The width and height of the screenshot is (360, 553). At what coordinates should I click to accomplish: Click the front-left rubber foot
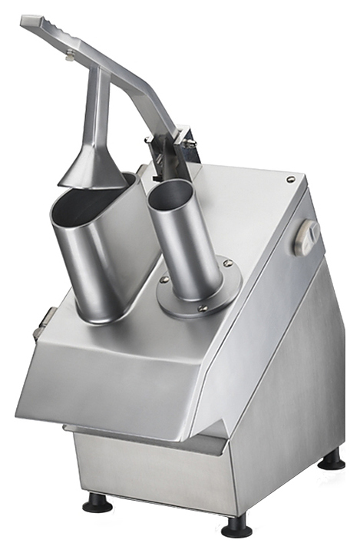97,503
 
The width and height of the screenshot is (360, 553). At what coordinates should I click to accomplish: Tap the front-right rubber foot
236,527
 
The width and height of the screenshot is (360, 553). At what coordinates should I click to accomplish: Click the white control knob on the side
306,237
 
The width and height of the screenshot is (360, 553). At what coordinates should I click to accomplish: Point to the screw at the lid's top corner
290,179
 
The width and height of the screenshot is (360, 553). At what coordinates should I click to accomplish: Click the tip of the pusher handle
31,22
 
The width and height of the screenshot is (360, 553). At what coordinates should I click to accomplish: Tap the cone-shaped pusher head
91,168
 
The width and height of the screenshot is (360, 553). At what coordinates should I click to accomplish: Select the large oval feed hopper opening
91,197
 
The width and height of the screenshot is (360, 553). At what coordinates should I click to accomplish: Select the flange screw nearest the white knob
228,263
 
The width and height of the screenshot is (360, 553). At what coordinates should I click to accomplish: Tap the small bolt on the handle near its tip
69,53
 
